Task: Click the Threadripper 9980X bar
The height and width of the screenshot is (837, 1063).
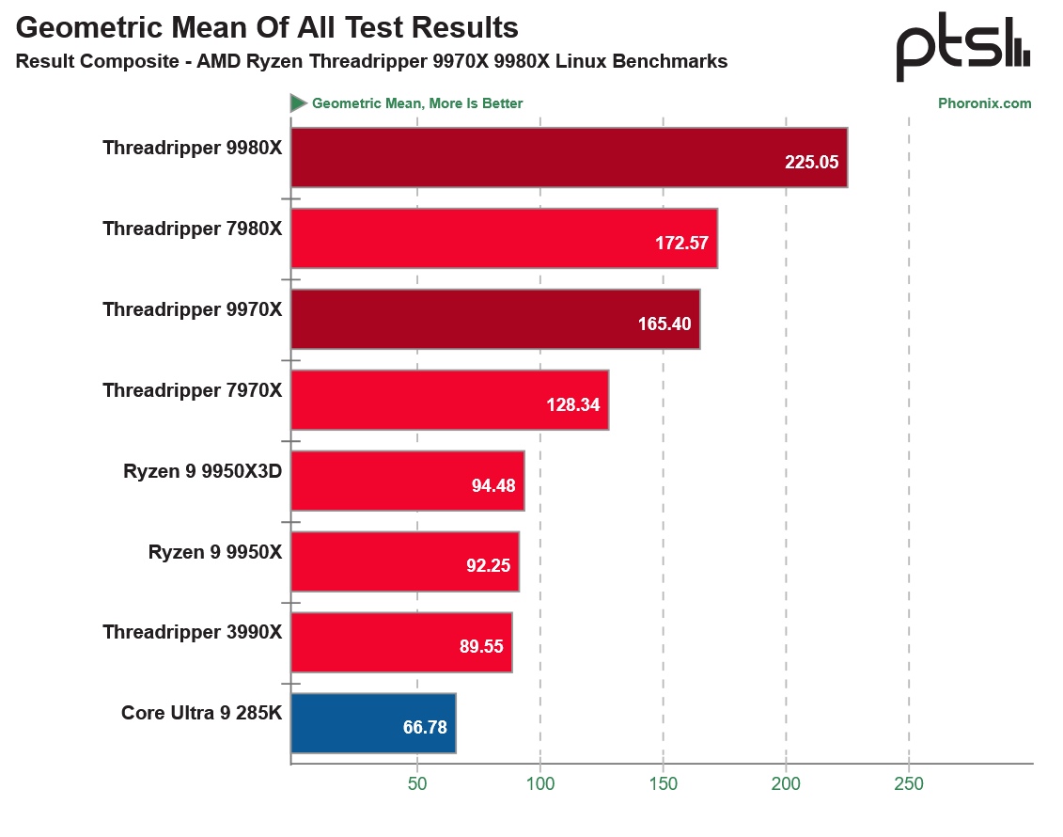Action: coord(569,158)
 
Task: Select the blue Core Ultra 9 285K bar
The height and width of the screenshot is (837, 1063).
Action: coord(373,723)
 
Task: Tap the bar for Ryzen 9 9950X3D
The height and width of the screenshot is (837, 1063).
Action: coord(407,481)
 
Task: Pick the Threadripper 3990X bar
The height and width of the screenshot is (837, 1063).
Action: coord(401,642)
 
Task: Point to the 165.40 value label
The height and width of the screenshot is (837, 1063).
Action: coord(664,324)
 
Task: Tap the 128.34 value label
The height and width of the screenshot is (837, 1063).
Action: coord(573,405)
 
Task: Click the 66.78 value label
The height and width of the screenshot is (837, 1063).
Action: coord(425,728)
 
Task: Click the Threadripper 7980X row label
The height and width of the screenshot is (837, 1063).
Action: coord(192,229)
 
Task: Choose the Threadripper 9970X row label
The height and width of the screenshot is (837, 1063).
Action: coord(192,309)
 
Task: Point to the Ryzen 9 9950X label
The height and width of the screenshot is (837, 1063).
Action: coord(215,552)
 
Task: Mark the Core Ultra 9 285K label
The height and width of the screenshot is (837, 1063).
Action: coord(201,713)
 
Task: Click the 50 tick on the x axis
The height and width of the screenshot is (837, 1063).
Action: coord(417,783)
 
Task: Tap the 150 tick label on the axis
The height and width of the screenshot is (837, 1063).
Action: coord(664,783)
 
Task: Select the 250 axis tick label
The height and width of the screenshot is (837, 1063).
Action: coord(909,783)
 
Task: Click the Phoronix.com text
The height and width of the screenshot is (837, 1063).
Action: coord(984,103)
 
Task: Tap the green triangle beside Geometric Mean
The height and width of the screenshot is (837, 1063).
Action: coord(299,103)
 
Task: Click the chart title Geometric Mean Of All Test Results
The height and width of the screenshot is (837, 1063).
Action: coord(267,28)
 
